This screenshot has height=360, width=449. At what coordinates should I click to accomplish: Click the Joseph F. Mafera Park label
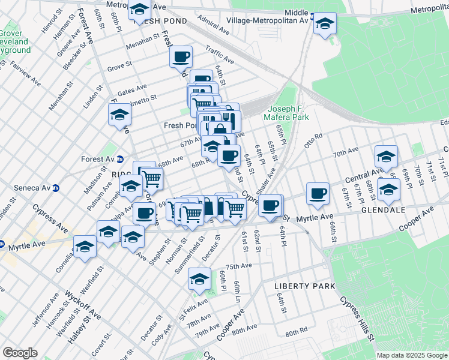(288, 113)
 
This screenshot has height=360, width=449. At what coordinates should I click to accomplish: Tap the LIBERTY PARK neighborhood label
(304, 286)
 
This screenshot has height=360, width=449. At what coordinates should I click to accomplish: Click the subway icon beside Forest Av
(120, 160)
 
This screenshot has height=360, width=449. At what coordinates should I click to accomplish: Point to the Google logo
(20, 353)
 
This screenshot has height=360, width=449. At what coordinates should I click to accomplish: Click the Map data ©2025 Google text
(411, 355)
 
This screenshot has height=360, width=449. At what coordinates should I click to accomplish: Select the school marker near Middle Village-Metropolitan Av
(325, 24)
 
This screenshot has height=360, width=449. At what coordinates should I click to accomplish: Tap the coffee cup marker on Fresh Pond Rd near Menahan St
(181, 58)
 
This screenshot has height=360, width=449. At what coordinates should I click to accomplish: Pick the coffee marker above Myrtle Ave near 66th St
(318, 194)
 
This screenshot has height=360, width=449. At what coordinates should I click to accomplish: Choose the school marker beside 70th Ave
(386, 157)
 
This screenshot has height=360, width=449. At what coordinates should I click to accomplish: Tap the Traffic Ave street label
(219, 56)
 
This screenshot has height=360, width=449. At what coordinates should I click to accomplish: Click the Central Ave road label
(360, 178)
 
